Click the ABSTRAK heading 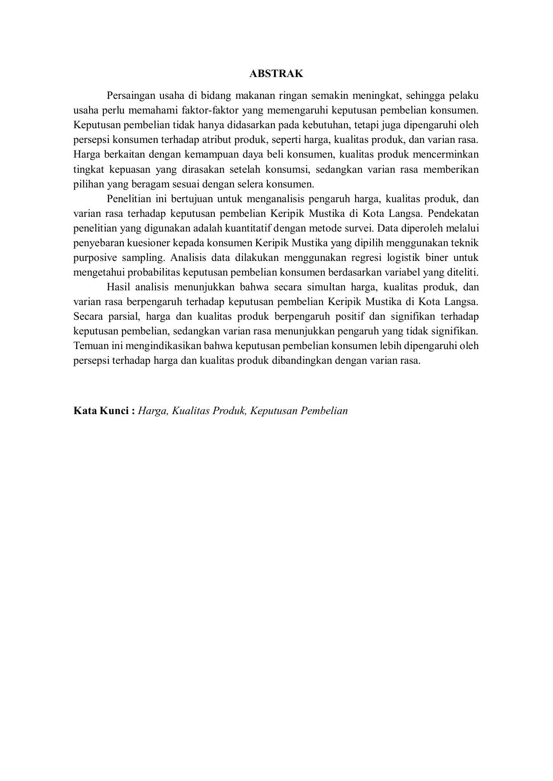coord(276,74)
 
